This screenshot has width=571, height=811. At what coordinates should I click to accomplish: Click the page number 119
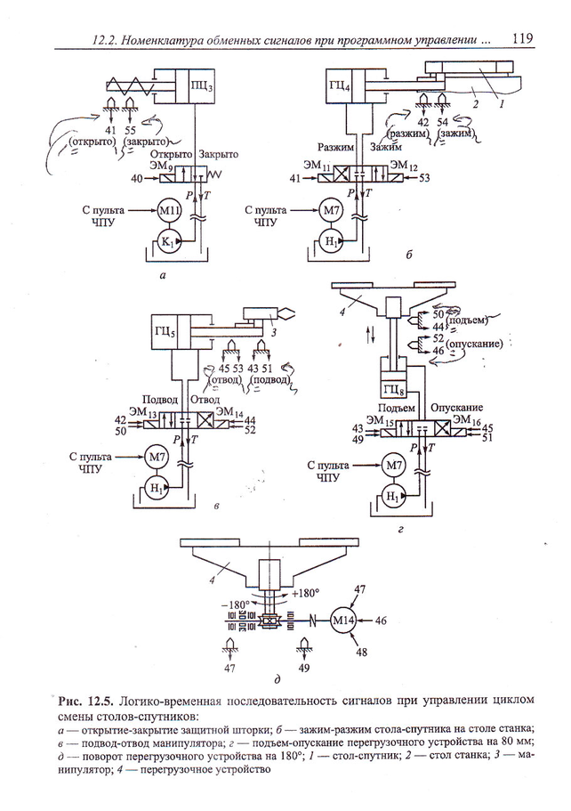point(522,38)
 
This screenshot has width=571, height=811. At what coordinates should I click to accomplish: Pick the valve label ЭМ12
point(404,166)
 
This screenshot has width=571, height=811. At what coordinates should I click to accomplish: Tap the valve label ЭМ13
point(147,414)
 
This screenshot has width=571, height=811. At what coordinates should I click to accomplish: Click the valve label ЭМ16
point(468,419)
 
